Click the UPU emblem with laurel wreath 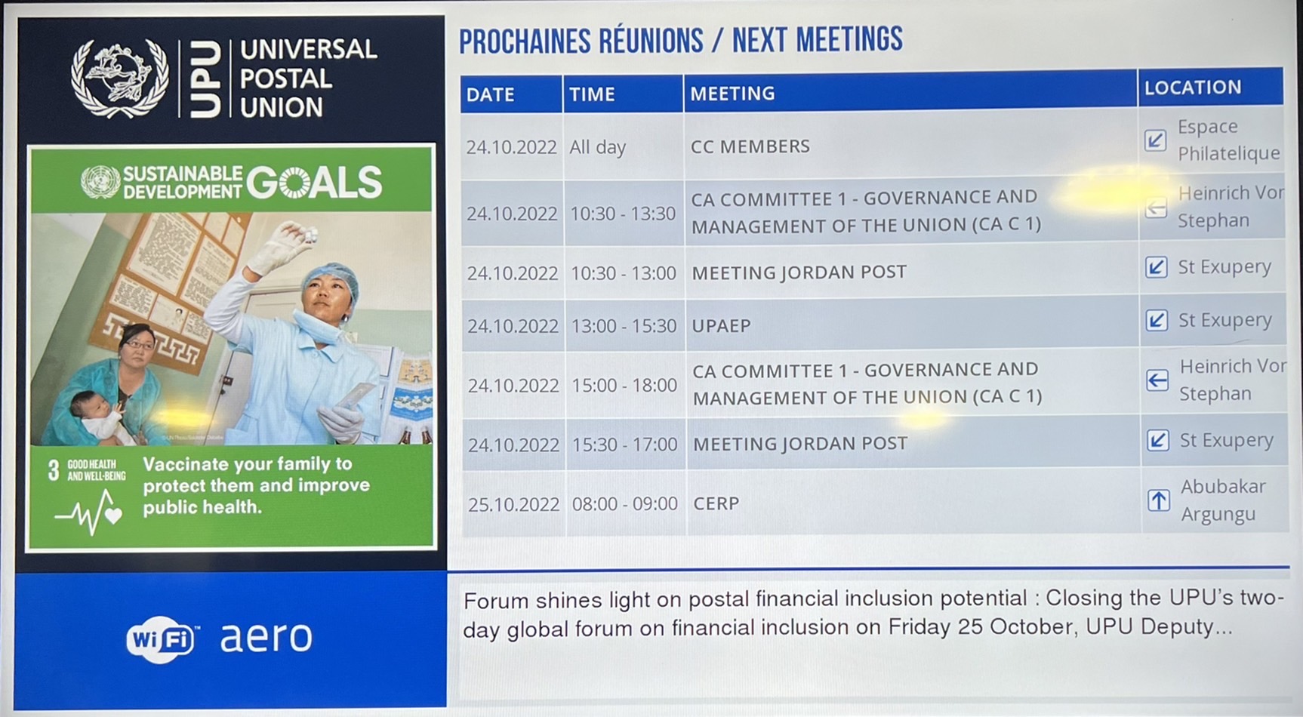tap(119, 78)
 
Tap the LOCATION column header tap(1192, 88)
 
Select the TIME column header tap(592, 94)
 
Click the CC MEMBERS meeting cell tap(750, 146)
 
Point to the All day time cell tap(597, 147)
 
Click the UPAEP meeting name tap(721, 326)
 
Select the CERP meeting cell tap(716, 503)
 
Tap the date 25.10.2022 tap(513, 504)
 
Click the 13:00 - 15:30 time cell tap(624, 326)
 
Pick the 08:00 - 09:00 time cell tap(624, 503)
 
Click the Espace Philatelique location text tap(1228, 140)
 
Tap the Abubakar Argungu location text tap(1223, 500)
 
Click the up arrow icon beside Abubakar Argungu tap(1159, 500)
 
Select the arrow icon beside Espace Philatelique tap(1155, 140)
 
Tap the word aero tap(266, 638)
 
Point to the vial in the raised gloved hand tap(308, 236)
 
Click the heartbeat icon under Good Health tap(88, 512)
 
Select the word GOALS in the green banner tap(314, 182)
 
